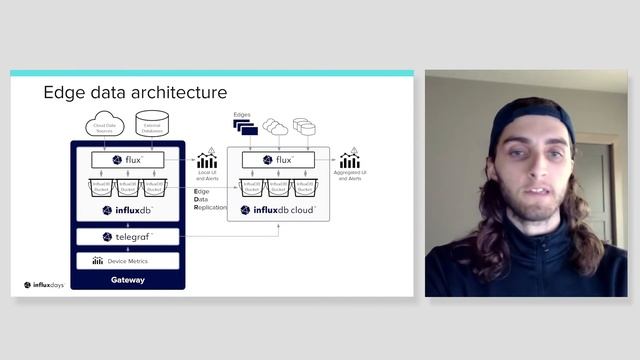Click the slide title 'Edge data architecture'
coord(135,93)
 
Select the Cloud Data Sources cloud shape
coord(105,126)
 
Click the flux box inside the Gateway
coord(128,160)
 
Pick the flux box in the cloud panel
coord(278,160)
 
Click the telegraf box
coord(128,237)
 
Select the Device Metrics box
coord(128,261)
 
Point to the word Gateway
coord(128,280)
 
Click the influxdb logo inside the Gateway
coord(128,211)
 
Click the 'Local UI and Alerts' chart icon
coord(207,160)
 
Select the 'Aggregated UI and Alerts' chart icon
coord(349,160)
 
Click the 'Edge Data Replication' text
coord(209,198)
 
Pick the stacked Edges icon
coord(246,127)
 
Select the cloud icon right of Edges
coord(275,127)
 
